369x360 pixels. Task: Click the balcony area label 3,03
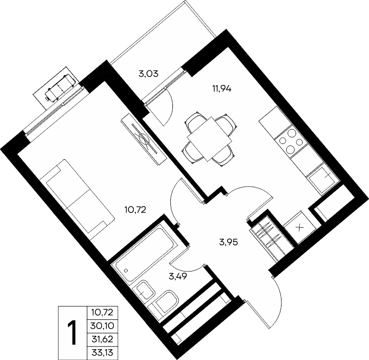(x=149, y=74)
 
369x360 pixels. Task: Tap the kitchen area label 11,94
(x=222, y=89)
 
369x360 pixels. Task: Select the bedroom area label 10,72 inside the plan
(x=135, y=209)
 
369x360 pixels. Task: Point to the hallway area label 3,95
(x=229, y=242)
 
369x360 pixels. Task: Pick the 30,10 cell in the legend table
(x=102, y=326)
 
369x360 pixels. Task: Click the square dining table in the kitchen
(x=209, y=139)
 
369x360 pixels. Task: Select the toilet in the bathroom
(x=166, y=303)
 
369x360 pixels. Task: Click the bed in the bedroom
(x=77, y=199)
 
